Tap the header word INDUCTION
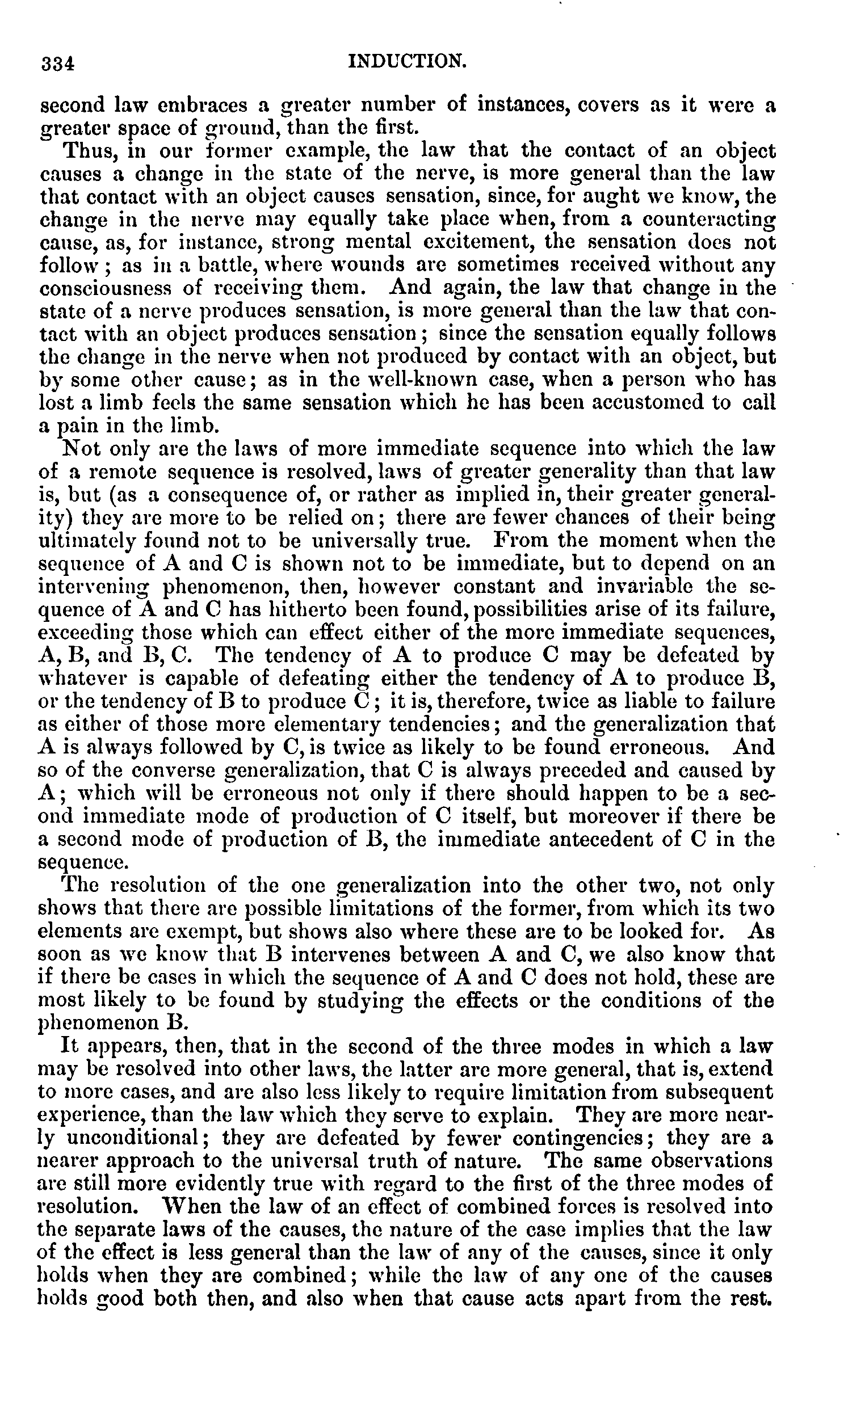(407, 61)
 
